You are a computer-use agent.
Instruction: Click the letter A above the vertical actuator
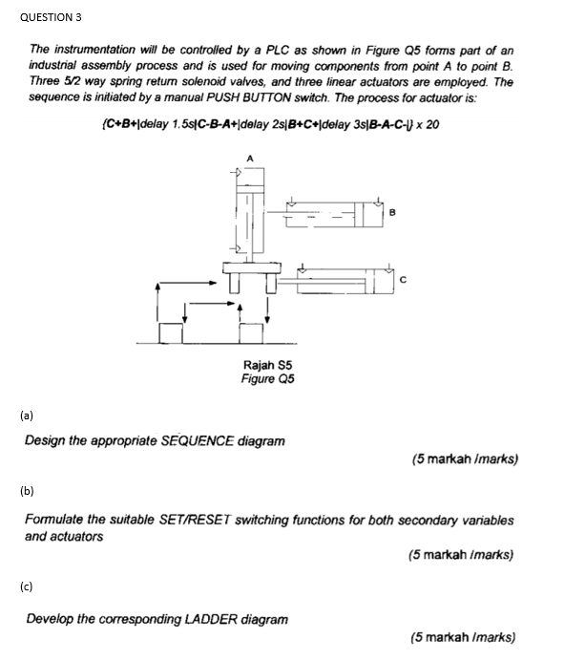(250, 158)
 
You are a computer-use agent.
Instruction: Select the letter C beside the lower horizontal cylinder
(405, 280)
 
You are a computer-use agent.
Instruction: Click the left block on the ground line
(172, 332)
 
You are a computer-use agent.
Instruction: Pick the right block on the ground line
(252, 332)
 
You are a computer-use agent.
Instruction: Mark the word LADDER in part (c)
(189, 619)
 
